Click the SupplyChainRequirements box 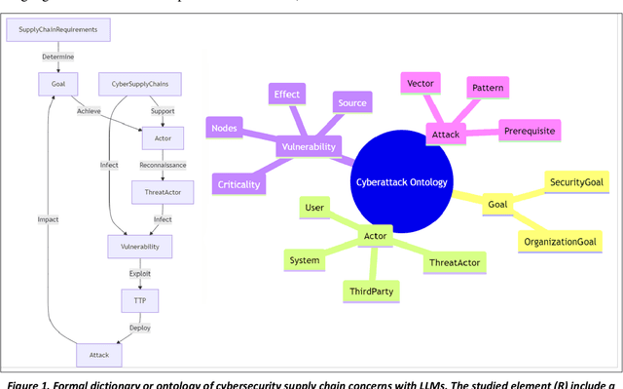click(58, 30)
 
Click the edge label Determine click(57, 58)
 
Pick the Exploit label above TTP click(140, 274)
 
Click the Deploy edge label click(140, 328)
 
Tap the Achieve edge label click(90, 111)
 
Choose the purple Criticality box click(239, 184)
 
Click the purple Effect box click(286, 95)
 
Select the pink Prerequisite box click(531, 131)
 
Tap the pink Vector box click(421, 85)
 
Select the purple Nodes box click(224, 127)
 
